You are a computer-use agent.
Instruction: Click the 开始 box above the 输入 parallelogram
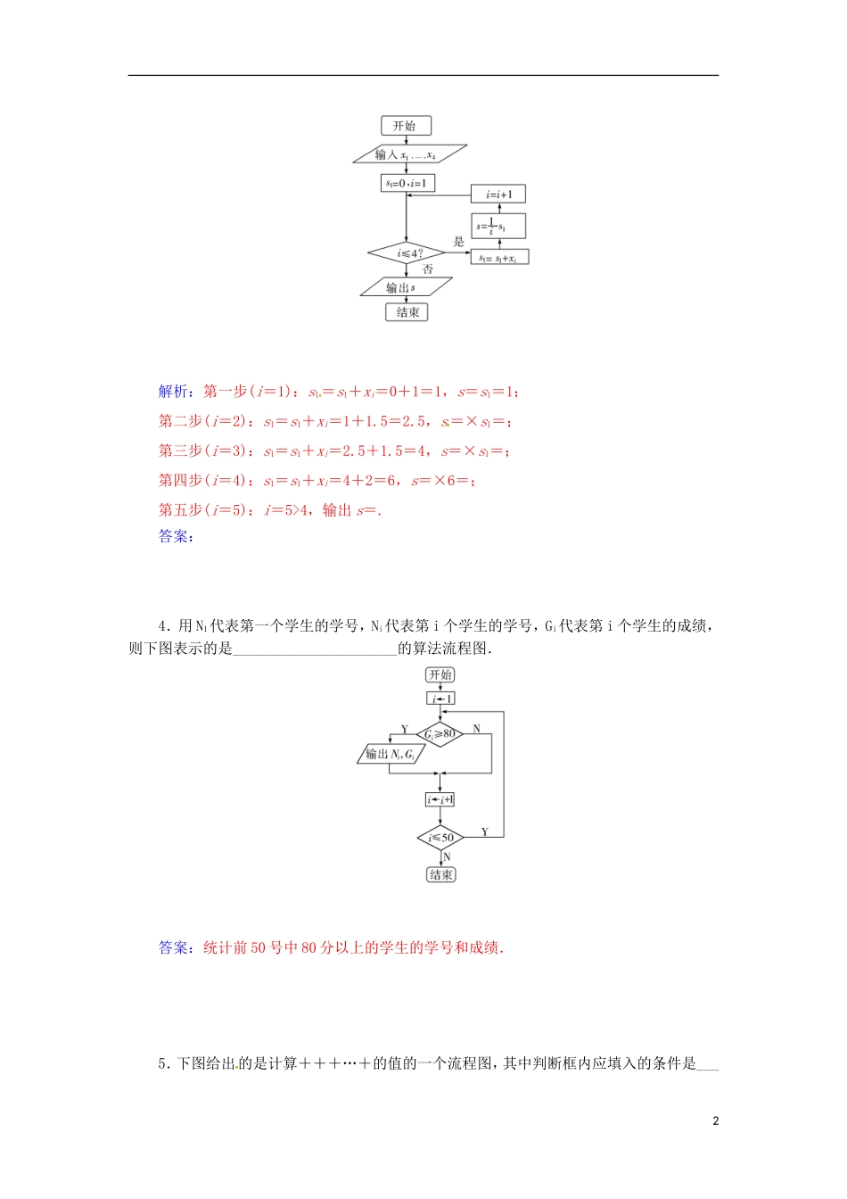405,126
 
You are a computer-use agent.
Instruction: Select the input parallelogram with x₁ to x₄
408,154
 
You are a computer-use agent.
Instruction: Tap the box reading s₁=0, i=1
407,183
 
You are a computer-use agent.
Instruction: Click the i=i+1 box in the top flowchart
498,194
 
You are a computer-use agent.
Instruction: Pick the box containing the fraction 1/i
498,226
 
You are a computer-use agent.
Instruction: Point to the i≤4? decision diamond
407,254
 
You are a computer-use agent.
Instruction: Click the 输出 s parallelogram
406,287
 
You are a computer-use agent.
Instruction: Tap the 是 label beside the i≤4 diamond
459,242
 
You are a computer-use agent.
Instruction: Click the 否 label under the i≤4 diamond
429,269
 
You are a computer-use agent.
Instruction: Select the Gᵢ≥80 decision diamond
440,734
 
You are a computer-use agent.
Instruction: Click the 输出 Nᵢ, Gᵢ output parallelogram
391,754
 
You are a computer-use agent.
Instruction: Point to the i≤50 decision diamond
440,838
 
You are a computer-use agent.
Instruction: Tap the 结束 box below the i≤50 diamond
440,875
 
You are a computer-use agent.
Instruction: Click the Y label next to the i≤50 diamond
485,831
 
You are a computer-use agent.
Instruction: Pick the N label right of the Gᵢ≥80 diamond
476,729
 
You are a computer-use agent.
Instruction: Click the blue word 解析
173,392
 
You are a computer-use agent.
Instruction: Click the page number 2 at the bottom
715,1121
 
